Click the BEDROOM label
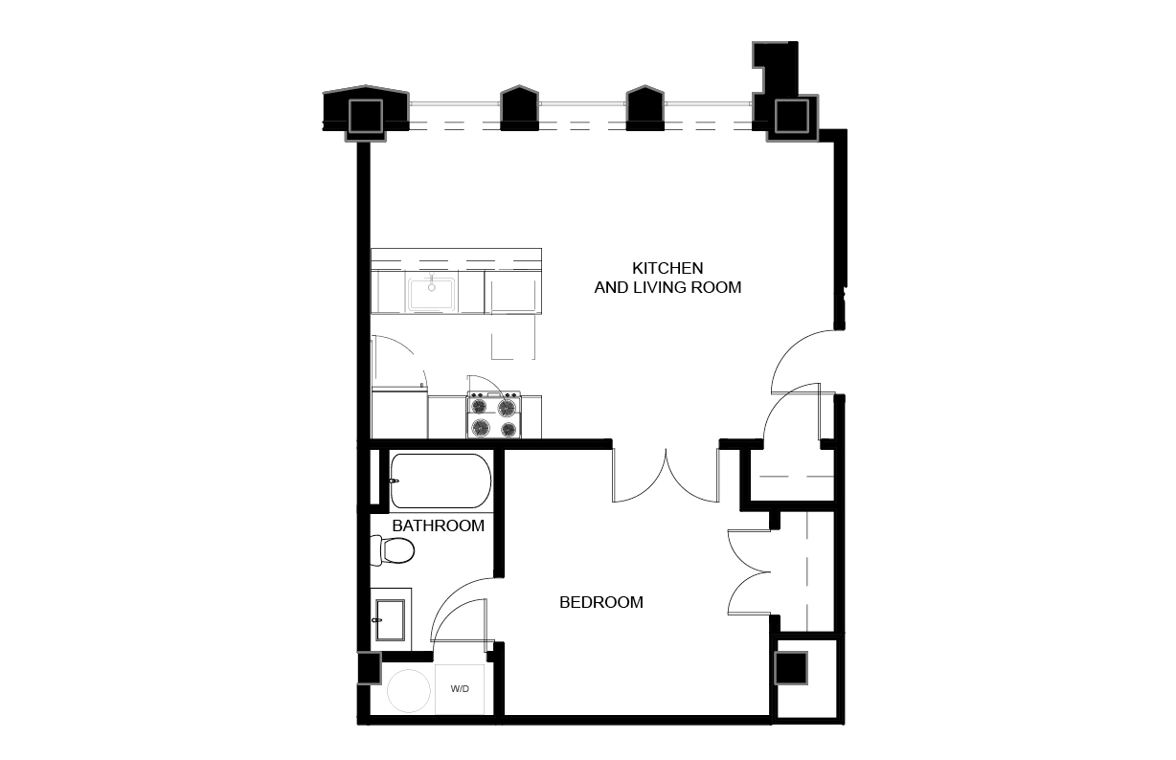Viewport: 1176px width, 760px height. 601,602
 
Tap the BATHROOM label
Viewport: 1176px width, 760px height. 438,525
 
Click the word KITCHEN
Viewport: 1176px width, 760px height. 667,268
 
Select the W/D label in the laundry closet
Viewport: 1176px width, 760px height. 460,688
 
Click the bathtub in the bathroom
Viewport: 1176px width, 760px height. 441,481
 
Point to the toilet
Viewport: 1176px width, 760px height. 393,550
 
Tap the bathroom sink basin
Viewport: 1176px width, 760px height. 390,620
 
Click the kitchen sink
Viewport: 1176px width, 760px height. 432,294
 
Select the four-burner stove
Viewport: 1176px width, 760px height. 494,414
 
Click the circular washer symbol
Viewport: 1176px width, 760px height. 409,691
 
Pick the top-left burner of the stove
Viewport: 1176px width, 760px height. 479,406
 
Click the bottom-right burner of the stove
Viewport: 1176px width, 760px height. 509,430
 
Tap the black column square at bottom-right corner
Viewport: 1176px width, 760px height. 791,667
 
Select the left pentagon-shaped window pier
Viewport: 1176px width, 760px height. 519,107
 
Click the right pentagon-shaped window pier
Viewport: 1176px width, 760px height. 645,107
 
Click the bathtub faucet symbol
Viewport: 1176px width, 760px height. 395,481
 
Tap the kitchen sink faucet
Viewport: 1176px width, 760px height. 432,281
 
